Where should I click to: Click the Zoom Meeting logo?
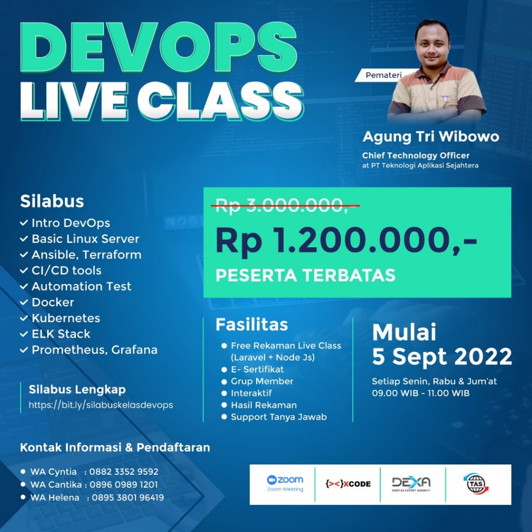(285, 484)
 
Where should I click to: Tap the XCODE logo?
(348, 484)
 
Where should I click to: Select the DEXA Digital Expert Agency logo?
(411, 484)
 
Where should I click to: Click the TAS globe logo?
(476, 484)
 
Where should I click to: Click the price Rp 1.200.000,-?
(346, 241)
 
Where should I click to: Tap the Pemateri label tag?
(383, 75)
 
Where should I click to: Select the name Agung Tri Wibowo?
(431, 137)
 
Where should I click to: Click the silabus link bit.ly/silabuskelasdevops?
(101, 405)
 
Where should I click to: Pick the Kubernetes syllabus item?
(66, 318)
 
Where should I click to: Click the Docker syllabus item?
(52, 302)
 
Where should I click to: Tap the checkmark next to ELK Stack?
(24, 334)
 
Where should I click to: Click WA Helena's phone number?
(128, 497)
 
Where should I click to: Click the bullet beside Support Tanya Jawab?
(224, 417)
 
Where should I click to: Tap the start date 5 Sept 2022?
(442, 356)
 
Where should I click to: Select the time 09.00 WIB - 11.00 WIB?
(421, 393)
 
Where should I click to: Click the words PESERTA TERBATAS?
(305, 275)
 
